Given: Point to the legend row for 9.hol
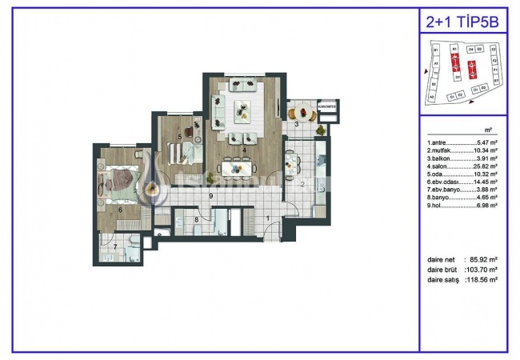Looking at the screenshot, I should point(462,206).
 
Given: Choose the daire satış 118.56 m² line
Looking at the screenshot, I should point(462,281).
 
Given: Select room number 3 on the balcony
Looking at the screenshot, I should point(296,125).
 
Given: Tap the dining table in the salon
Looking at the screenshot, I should point(238,168).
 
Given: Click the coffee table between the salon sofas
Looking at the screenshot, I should point(240,110).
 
